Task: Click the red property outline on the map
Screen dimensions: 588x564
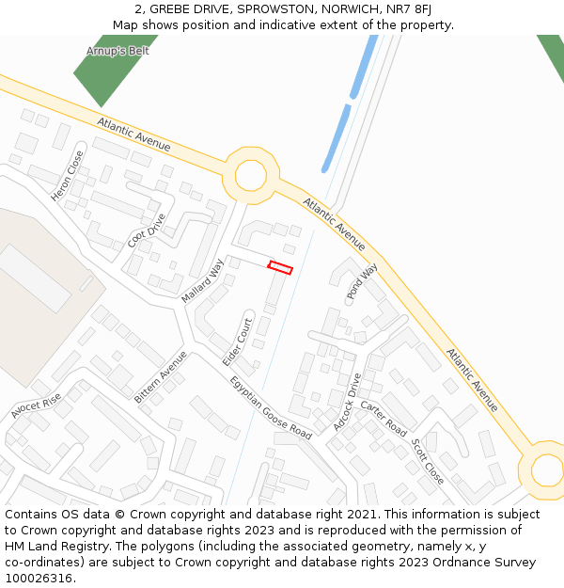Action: click(280, 268)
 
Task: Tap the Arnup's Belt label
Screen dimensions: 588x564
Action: click(117, 51)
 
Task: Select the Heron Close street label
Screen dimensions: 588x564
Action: click(68, 176)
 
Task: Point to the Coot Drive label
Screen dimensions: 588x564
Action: click(147, 230)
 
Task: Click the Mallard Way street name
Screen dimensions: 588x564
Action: click(203, 279)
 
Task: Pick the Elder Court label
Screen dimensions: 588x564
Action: click(238, 342)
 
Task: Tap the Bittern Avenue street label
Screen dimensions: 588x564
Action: click(160, 377)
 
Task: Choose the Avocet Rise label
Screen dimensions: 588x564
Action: click(37, 406)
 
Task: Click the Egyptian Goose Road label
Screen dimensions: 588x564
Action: click(271, 407)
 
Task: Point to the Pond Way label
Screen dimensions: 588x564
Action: click(362, 281)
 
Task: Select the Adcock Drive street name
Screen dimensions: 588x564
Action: click(346, 402)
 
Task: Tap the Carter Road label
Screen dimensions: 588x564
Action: click(384, 418)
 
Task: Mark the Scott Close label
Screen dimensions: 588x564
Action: click(428, 461)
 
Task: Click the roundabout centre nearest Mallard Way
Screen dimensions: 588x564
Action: click(250, 175)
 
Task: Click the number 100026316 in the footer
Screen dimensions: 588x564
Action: click(39, 578)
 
